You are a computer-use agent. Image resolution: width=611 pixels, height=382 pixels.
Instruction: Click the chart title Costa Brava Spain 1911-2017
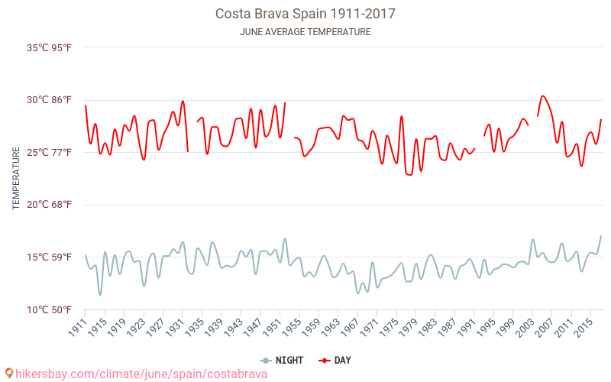tap(305, 14)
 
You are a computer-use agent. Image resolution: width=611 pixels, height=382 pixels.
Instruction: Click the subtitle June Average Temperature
tap(305, 32)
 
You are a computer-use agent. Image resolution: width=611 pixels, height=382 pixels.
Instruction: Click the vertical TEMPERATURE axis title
tap(16, 179)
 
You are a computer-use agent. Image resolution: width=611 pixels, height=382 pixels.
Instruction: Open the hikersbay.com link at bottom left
tap(141, 374)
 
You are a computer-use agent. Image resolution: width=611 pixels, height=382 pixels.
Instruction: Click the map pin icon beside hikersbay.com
tap(8, 374)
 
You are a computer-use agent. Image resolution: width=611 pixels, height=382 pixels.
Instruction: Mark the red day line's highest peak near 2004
tap(542, 96)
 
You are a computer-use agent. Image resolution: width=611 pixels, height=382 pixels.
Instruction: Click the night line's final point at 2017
tap(601, 236)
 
